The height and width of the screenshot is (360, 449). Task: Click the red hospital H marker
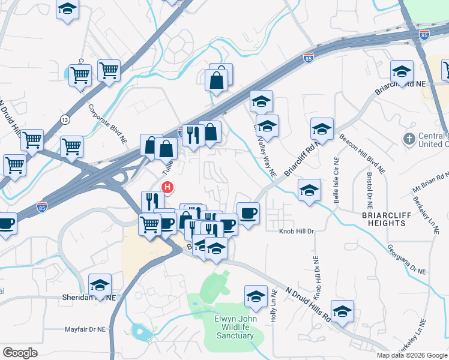coord(169,188)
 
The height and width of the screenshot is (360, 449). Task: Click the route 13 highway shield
coord(65,120)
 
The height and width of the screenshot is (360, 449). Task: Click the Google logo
coord(20,353)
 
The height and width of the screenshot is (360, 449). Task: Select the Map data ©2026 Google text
coord(412,355)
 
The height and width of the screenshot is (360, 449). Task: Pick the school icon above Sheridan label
coord(100,284)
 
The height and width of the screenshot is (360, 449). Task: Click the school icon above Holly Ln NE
coord(256,296)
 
